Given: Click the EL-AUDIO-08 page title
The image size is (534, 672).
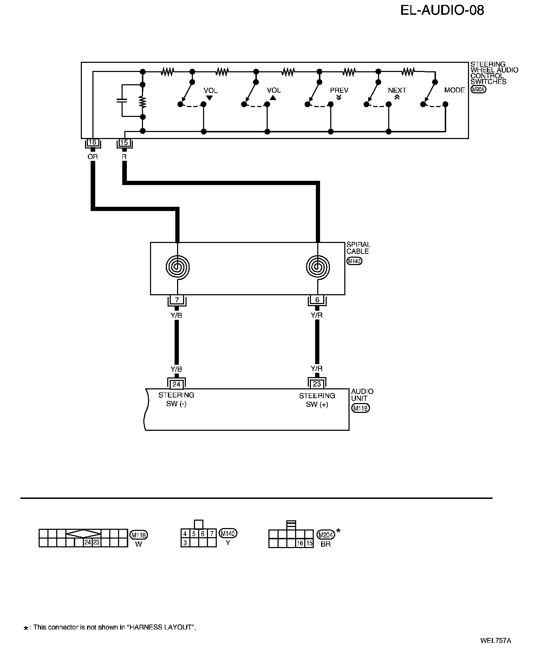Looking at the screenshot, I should pyautogui.click(x=442, y=11).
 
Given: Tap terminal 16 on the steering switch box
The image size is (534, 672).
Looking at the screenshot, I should pyautogui.click(x=92, y=143).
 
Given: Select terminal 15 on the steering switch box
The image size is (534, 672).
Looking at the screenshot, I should pyautogui.click(x=124, y=143).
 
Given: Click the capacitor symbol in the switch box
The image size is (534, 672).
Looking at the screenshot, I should pyautogui.click(x=122, y=100).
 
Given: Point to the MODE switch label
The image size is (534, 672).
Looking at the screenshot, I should pyautogui.click(x=454, y=90).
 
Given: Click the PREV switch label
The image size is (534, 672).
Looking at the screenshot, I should pyautogui.click(x=339, y=90).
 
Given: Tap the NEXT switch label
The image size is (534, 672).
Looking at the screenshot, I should pyautogui.click(x=397, y=90).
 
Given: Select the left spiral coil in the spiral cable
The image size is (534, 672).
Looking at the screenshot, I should pyautogui.click(x=177, y=267).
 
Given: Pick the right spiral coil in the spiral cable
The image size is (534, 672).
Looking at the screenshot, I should pyautogui.click(x=318, y=267).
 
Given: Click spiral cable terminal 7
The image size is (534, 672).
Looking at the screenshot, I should pyautogui.click(x=177, y=300).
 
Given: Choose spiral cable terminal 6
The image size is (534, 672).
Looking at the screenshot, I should pyautogui.click(x=318, y=300).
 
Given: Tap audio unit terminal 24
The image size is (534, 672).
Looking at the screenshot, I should pyautogui.click(x=176, y=384).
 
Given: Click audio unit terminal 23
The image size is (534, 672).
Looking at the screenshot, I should pyautogui.click(x=317, y=384).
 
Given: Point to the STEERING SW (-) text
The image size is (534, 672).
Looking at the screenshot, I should pyautogui.click(x=176, y=400).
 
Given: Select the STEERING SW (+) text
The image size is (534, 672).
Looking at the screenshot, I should pyautogui.click(x=317, y=400).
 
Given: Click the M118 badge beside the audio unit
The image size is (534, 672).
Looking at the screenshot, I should pyautogui.click(x=360, y=408).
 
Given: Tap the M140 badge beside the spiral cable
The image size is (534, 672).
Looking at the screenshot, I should pyautogui.click(x=354, y=261).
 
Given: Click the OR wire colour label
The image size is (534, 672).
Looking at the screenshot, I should pyautogui.click(x=92, y=157).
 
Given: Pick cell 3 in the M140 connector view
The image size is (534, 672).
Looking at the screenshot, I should pyautogui.click(x=185, y=543).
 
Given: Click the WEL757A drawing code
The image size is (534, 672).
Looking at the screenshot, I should pyautogui.click(x=495, y=640).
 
